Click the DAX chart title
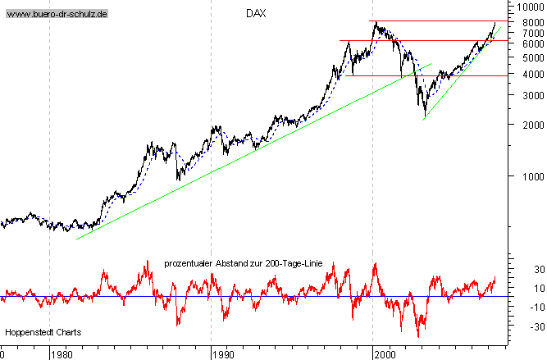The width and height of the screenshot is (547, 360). click(256, 14)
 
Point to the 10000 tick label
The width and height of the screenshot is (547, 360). click(526, 7)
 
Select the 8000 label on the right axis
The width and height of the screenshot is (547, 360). click(526, 21)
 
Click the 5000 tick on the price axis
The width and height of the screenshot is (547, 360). click(526, 57)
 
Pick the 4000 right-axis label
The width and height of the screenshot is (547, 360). click(526, 74)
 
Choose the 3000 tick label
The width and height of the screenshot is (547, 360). click(526, 95)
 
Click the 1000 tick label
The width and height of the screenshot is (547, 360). click(526, 175)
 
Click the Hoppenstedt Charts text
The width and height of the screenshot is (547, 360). click(39, 332)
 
